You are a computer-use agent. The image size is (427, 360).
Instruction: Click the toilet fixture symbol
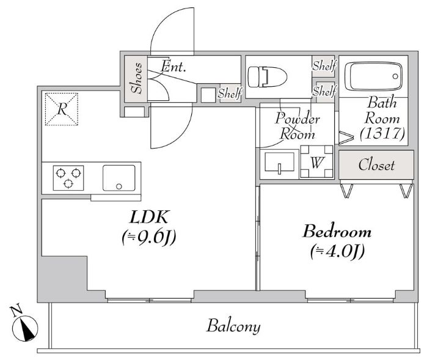(x=268, y=77)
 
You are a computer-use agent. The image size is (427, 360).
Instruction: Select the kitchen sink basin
(x=119, y=178)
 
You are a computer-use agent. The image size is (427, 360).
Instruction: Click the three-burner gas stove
(x=68, y=178)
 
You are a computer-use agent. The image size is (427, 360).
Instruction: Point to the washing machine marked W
(x=316, y=161)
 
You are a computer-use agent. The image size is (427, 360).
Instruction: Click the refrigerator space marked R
(x=62, y=109)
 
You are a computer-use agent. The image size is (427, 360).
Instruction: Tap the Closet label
(x=377, y=165)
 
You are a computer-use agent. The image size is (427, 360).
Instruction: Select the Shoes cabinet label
(x=136, y=78)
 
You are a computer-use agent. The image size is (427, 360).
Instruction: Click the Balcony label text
(x=233, y=326)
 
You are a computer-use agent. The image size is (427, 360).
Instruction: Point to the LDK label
(x=149, y=217)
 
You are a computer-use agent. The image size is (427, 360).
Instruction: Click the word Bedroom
(x=337, y=232)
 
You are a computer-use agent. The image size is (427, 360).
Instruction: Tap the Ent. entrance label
(x=173, y=66)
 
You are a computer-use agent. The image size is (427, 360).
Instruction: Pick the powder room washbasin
(x=279, y=163)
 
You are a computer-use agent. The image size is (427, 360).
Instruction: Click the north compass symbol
(x=25, y=328)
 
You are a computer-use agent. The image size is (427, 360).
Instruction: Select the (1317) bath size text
(x=382, y=133)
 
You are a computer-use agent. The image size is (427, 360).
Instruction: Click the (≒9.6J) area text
(x=149, y=237)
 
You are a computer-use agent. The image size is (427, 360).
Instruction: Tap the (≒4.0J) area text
(x=337, y=251)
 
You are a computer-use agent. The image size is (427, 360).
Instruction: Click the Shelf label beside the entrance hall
(x=230, y=94)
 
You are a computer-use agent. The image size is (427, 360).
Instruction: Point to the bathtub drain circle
(x=395, y=76)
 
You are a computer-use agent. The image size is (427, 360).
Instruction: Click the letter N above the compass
(x=16, y=311)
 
